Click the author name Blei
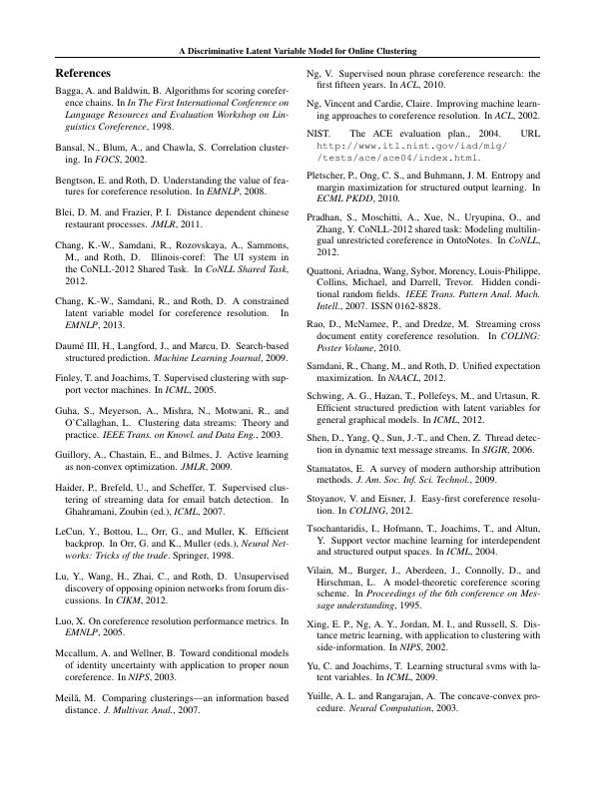[65, 212]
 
